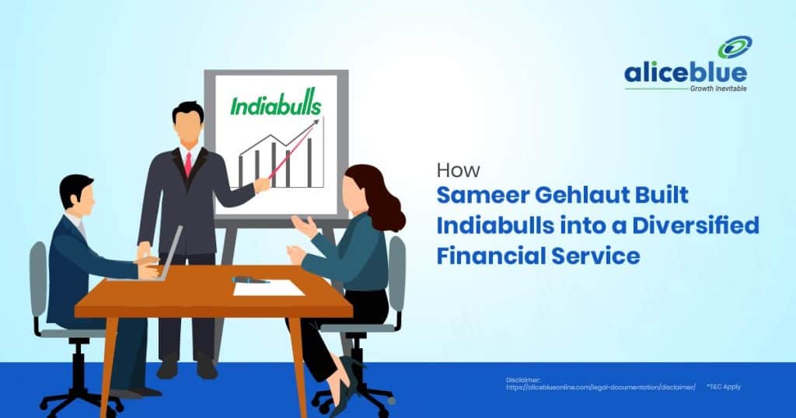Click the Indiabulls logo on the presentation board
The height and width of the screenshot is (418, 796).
coord(275,105)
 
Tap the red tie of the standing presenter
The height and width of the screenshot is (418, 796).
coord(188,164)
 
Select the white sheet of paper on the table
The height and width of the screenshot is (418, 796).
coord(269,287)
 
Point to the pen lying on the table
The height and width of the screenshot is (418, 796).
coord(251,278)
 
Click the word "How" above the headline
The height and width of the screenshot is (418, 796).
coord(458,170)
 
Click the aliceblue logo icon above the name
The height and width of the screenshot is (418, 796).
coord(734,48)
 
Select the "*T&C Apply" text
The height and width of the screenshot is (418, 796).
coord(723,386)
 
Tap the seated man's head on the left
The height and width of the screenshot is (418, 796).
coord(78,193)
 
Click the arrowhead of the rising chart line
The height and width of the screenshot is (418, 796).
coord(315,123)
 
